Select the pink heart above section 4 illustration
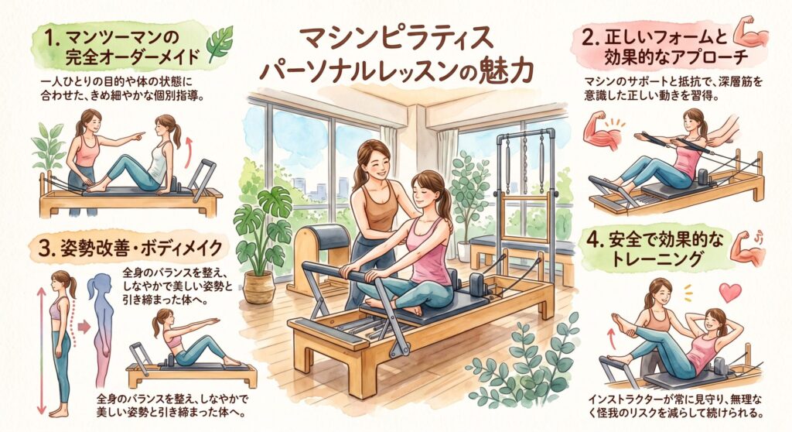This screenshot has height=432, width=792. (x=729, y=293)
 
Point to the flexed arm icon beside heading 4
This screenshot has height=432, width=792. (x=747, y=248)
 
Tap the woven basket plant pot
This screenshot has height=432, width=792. (x=259, y=286)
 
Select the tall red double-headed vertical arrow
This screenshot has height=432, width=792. (x=42, y=349)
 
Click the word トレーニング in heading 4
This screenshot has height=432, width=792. (x=656, y=259)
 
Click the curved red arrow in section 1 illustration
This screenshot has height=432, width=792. (x=188, y=151)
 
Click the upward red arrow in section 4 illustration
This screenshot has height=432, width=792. (x=612, y=338)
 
